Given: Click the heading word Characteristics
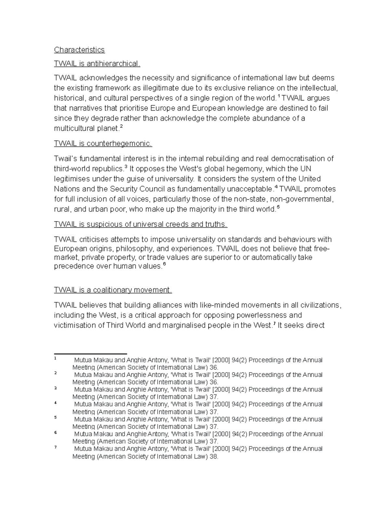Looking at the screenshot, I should point(79,50).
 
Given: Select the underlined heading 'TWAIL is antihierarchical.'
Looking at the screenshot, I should point(97,64).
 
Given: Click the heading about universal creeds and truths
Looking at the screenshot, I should point(141,224).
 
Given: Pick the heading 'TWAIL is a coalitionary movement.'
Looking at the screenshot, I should point(112,290).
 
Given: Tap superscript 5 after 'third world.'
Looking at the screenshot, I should point(278,207).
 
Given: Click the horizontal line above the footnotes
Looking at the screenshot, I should point(90,354).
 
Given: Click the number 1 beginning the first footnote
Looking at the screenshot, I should point(55,358).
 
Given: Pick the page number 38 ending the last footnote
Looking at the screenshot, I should point(214,456).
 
